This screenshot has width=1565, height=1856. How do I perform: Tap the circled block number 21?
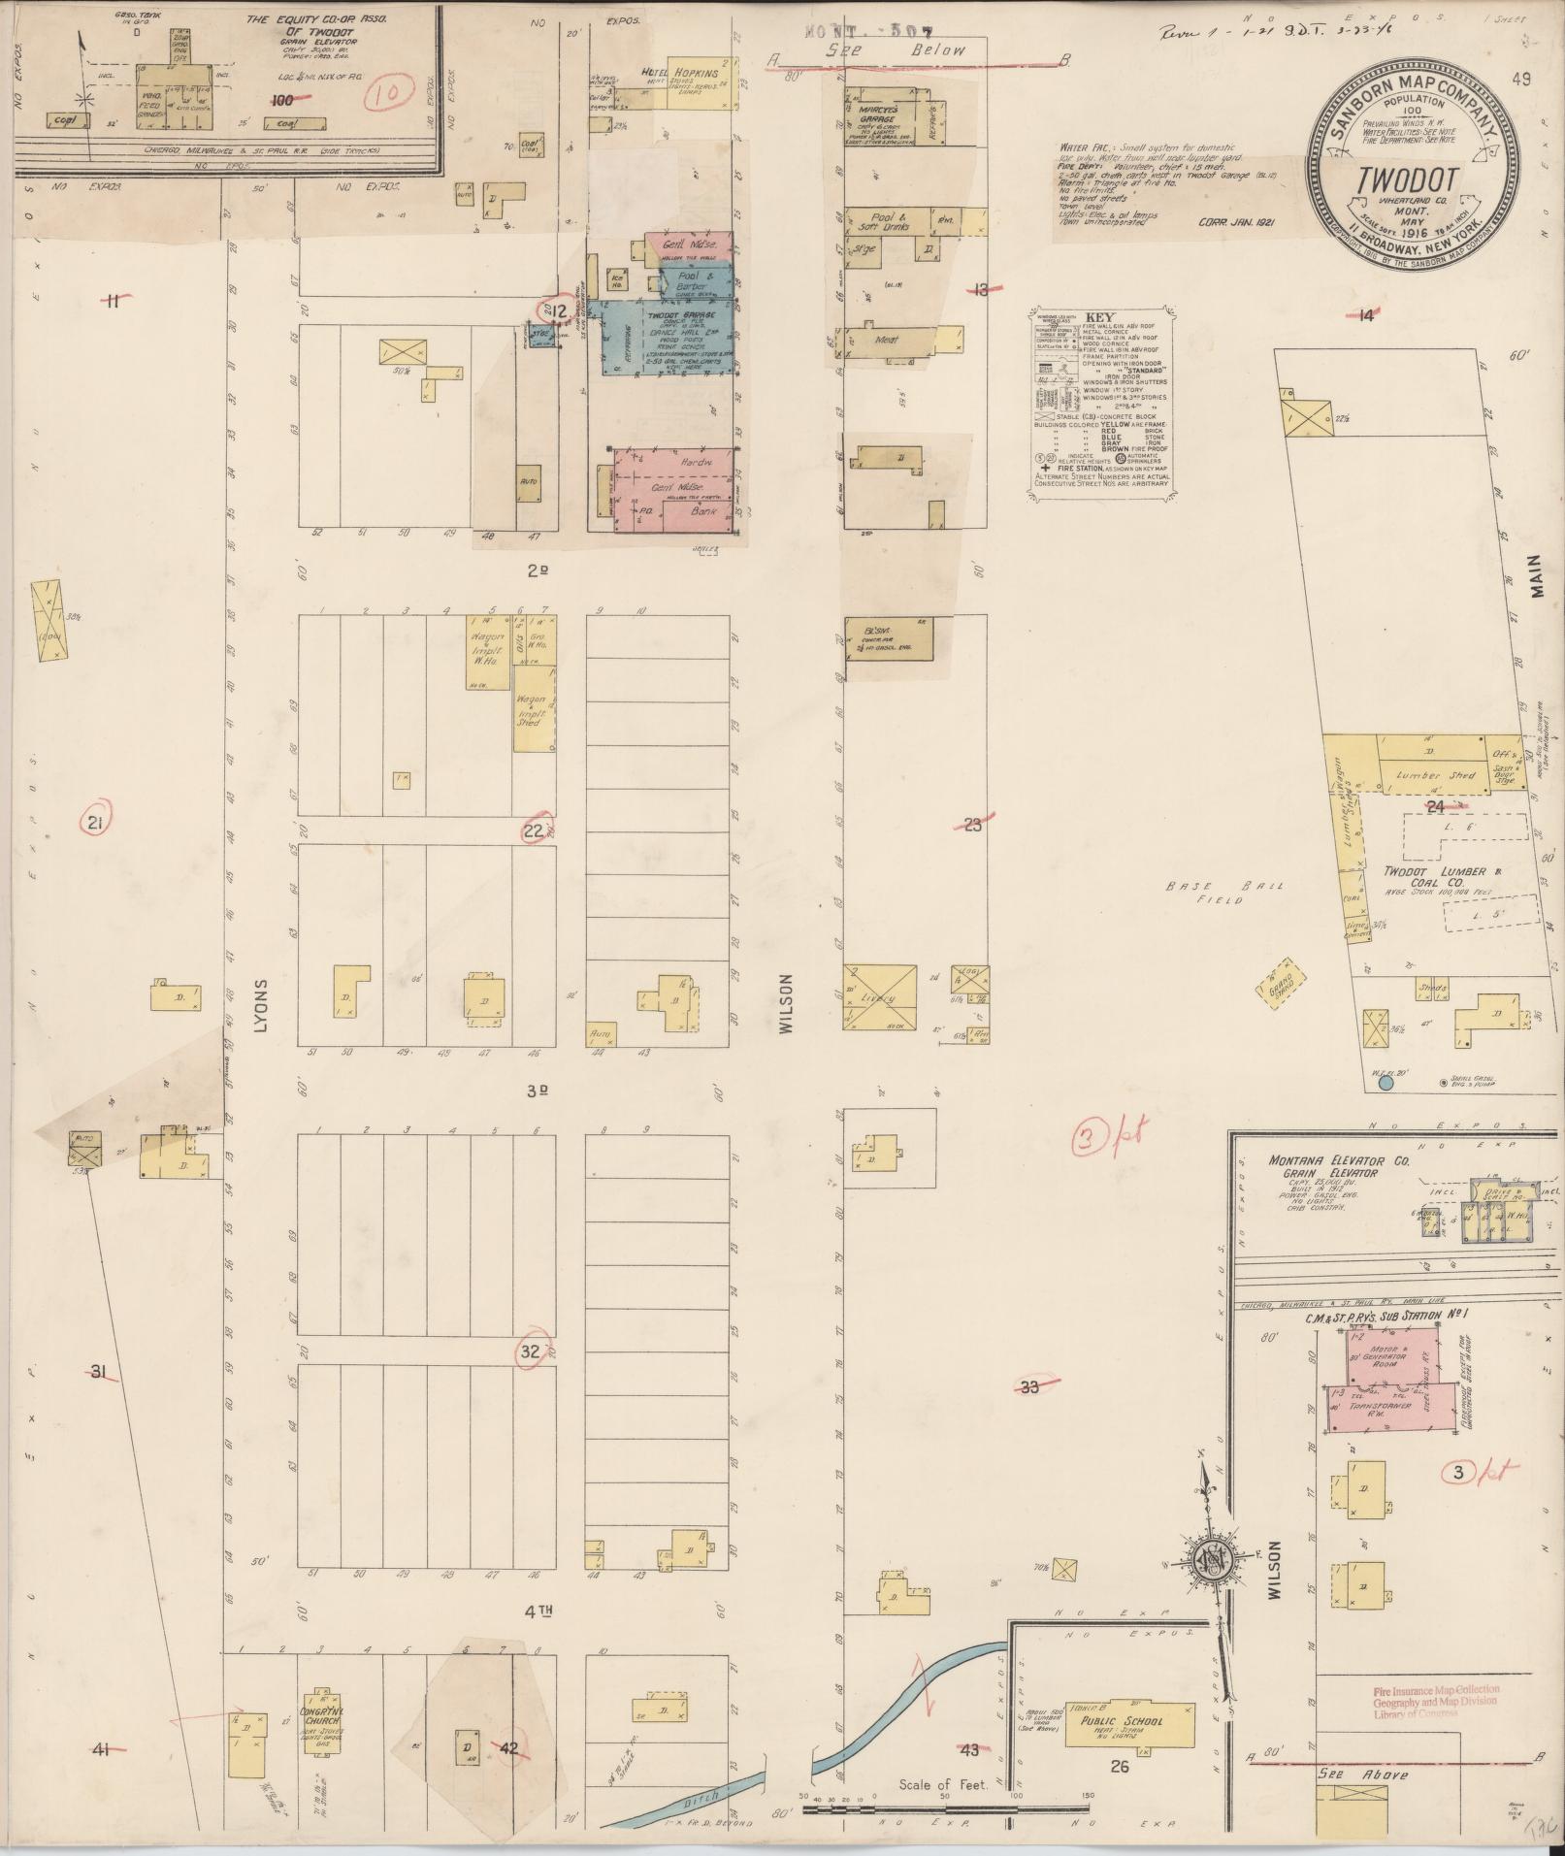(95, 824)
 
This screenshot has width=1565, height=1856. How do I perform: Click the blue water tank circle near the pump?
(1385, 1081)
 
